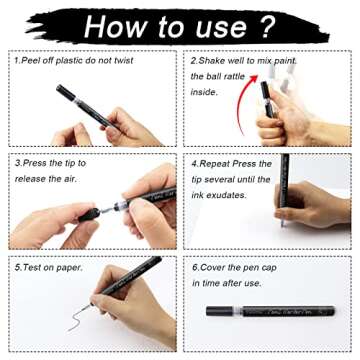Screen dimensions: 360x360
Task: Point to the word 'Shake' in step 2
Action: click(216, 60)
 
